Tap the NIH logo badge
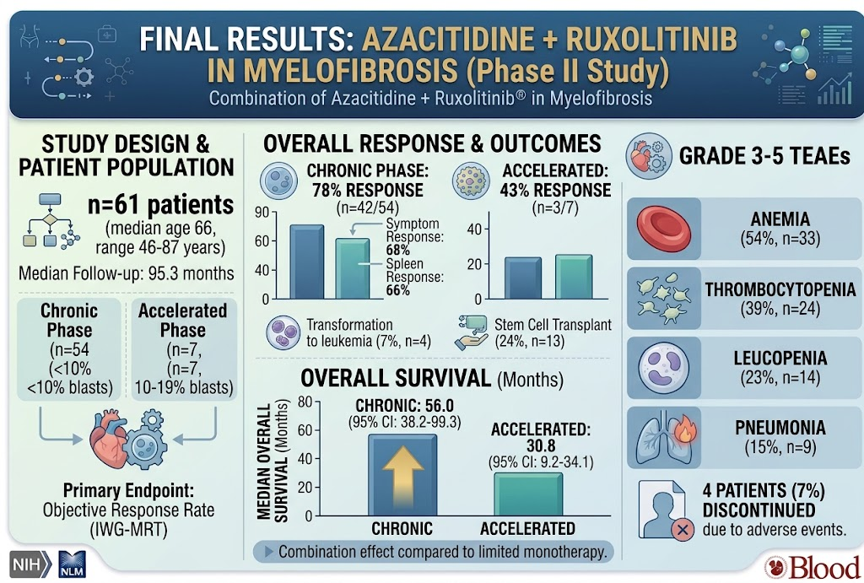coord(30,564)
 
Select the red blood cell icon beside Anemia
coord(663,228)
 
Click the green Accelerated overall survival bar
coord(528,494)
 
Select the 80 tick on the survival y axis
coord(305,402)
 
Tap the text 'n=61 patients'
coord(161,205)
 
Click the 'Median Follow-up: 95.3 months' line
coord(127,273)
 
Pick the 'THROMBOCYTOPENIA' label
coord(780,289)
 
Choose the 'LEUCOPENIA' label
coord(780,359)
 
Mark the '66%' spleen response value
coord(398,290)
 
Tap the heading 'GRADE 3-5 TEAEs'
coord(764,156)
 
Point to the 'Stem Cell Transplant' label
coord(553,325)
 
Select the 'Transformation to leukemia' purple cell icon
coord(283,332)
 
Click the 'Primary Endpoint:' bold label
coord(128,490)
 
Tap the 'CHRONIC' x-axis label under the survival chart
coord(402,529)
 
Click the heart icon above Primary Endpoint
coord(110,438)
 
